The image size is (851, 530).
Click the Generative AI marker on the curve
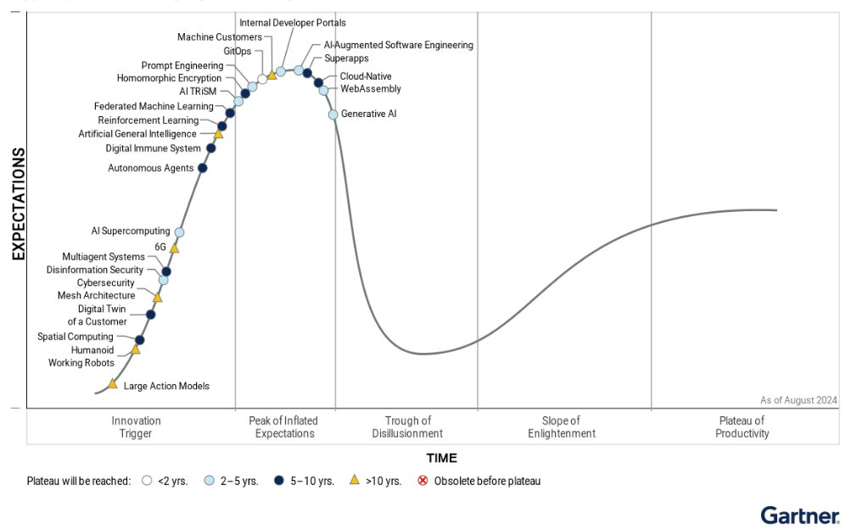coord(333,114)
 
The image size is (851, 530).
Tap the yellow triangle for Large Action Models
coord(112,385)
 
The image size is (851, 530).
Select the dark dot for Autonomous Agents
coord(202,168)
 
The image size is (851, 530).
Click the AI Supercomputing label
coord(131,231)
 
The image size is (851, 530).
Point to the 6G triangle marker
coord(174,248)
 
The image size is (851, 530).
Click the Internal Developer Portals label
coord(293,23)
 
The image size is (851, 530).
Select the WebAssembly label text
coord(370,89)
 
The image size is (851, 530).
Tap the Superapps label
coord(345,59)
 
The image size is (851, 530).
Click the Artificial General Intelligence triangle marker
coord(218,134)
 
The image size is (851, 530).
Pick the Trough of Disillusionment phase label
coord(407,427)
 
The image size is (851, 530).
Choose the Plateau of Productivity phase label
coord(742,427)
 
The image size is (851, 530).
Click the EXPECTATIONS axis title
coord(18,204)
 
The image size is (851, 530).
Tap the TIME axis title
coord(441,459)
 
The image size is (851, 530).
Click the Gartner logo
coord(799,515)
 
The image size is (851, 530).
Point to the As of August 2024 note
coord(798,400)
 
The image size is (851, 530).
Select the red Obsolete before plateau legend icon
coord(423,481)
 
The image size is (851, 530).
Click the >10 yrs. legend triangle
coord(355,480)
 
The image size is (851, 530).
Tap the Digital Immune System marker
coord(211,148)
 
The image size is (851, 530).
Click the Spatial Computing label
coord(76,337)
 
